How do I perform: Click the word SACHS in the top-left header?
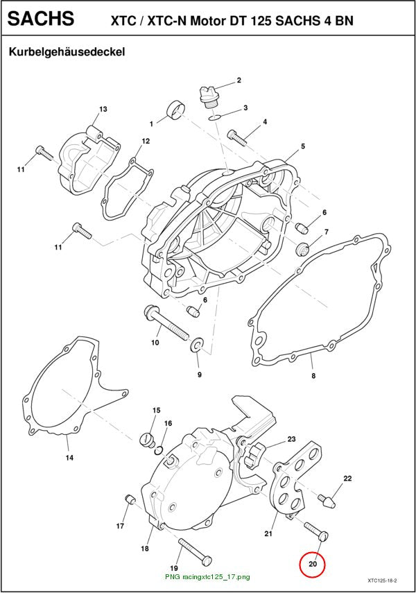41,18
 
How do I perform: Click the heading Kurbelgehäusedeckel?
67,52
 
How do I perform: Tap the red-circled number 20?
313,564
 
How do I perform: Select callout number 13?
103,109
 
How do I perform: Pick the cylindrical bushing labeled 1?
176,109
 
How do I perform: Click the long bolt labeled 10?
166,322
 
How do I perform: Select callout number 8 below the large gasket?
313,376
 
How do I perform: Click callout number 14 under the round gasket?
69,458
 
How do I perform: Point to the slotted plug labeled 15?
147,440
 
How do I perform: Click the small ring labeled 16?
159,450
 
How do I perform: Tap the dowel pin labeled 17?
130,499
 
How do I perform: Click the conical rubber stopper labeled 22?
327,500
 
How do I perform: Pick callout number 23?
291,439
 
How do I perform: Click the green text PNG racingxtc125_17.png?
207,577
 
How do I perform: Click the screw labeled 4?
237,137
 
